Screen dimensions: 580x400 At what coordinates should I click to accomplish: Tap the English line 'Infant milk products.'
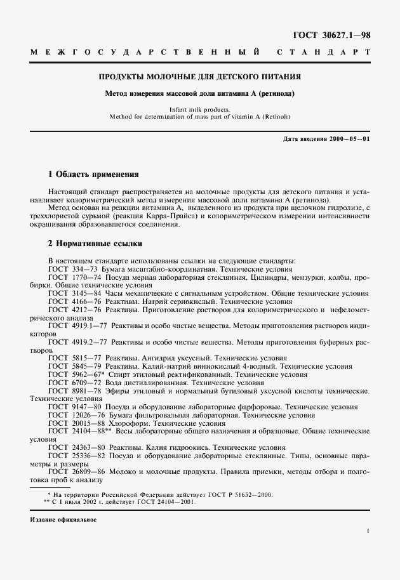click(199, 109)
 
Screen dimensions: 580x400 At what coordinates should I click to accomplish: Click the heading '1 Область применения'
click(93, 174)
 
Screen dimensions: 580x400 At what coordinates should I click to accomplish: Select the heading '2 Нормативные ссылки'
click(95, 243)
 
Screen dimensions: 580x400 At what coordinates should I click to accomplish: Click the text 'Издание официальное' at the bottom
click(63, 520)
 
